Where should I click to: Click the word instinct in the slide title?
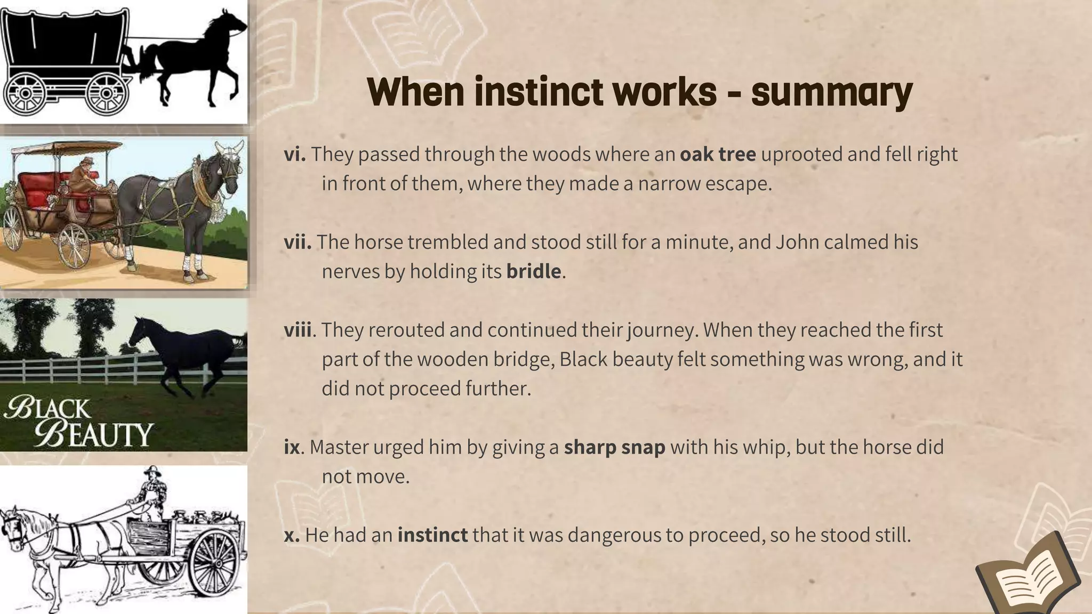tap(538, 92)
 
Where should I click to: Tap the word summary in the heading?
tap(832, 92)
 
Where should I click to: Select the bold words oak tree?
tap(718, 154)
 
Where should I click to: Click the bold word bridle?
tap(533, 271)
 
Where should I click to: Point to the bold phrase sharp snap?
tap(614, 447)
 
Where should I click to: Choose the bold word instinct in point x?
tap(432, 535)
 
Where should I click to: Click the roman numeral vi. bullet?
tap(294, 154)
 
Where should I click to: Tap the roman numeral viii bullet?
tap(298, 330)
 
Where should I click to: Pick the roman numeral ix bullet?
tap(292, 447)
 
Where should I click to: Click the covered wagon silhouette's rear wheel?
tap(26, 93)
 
